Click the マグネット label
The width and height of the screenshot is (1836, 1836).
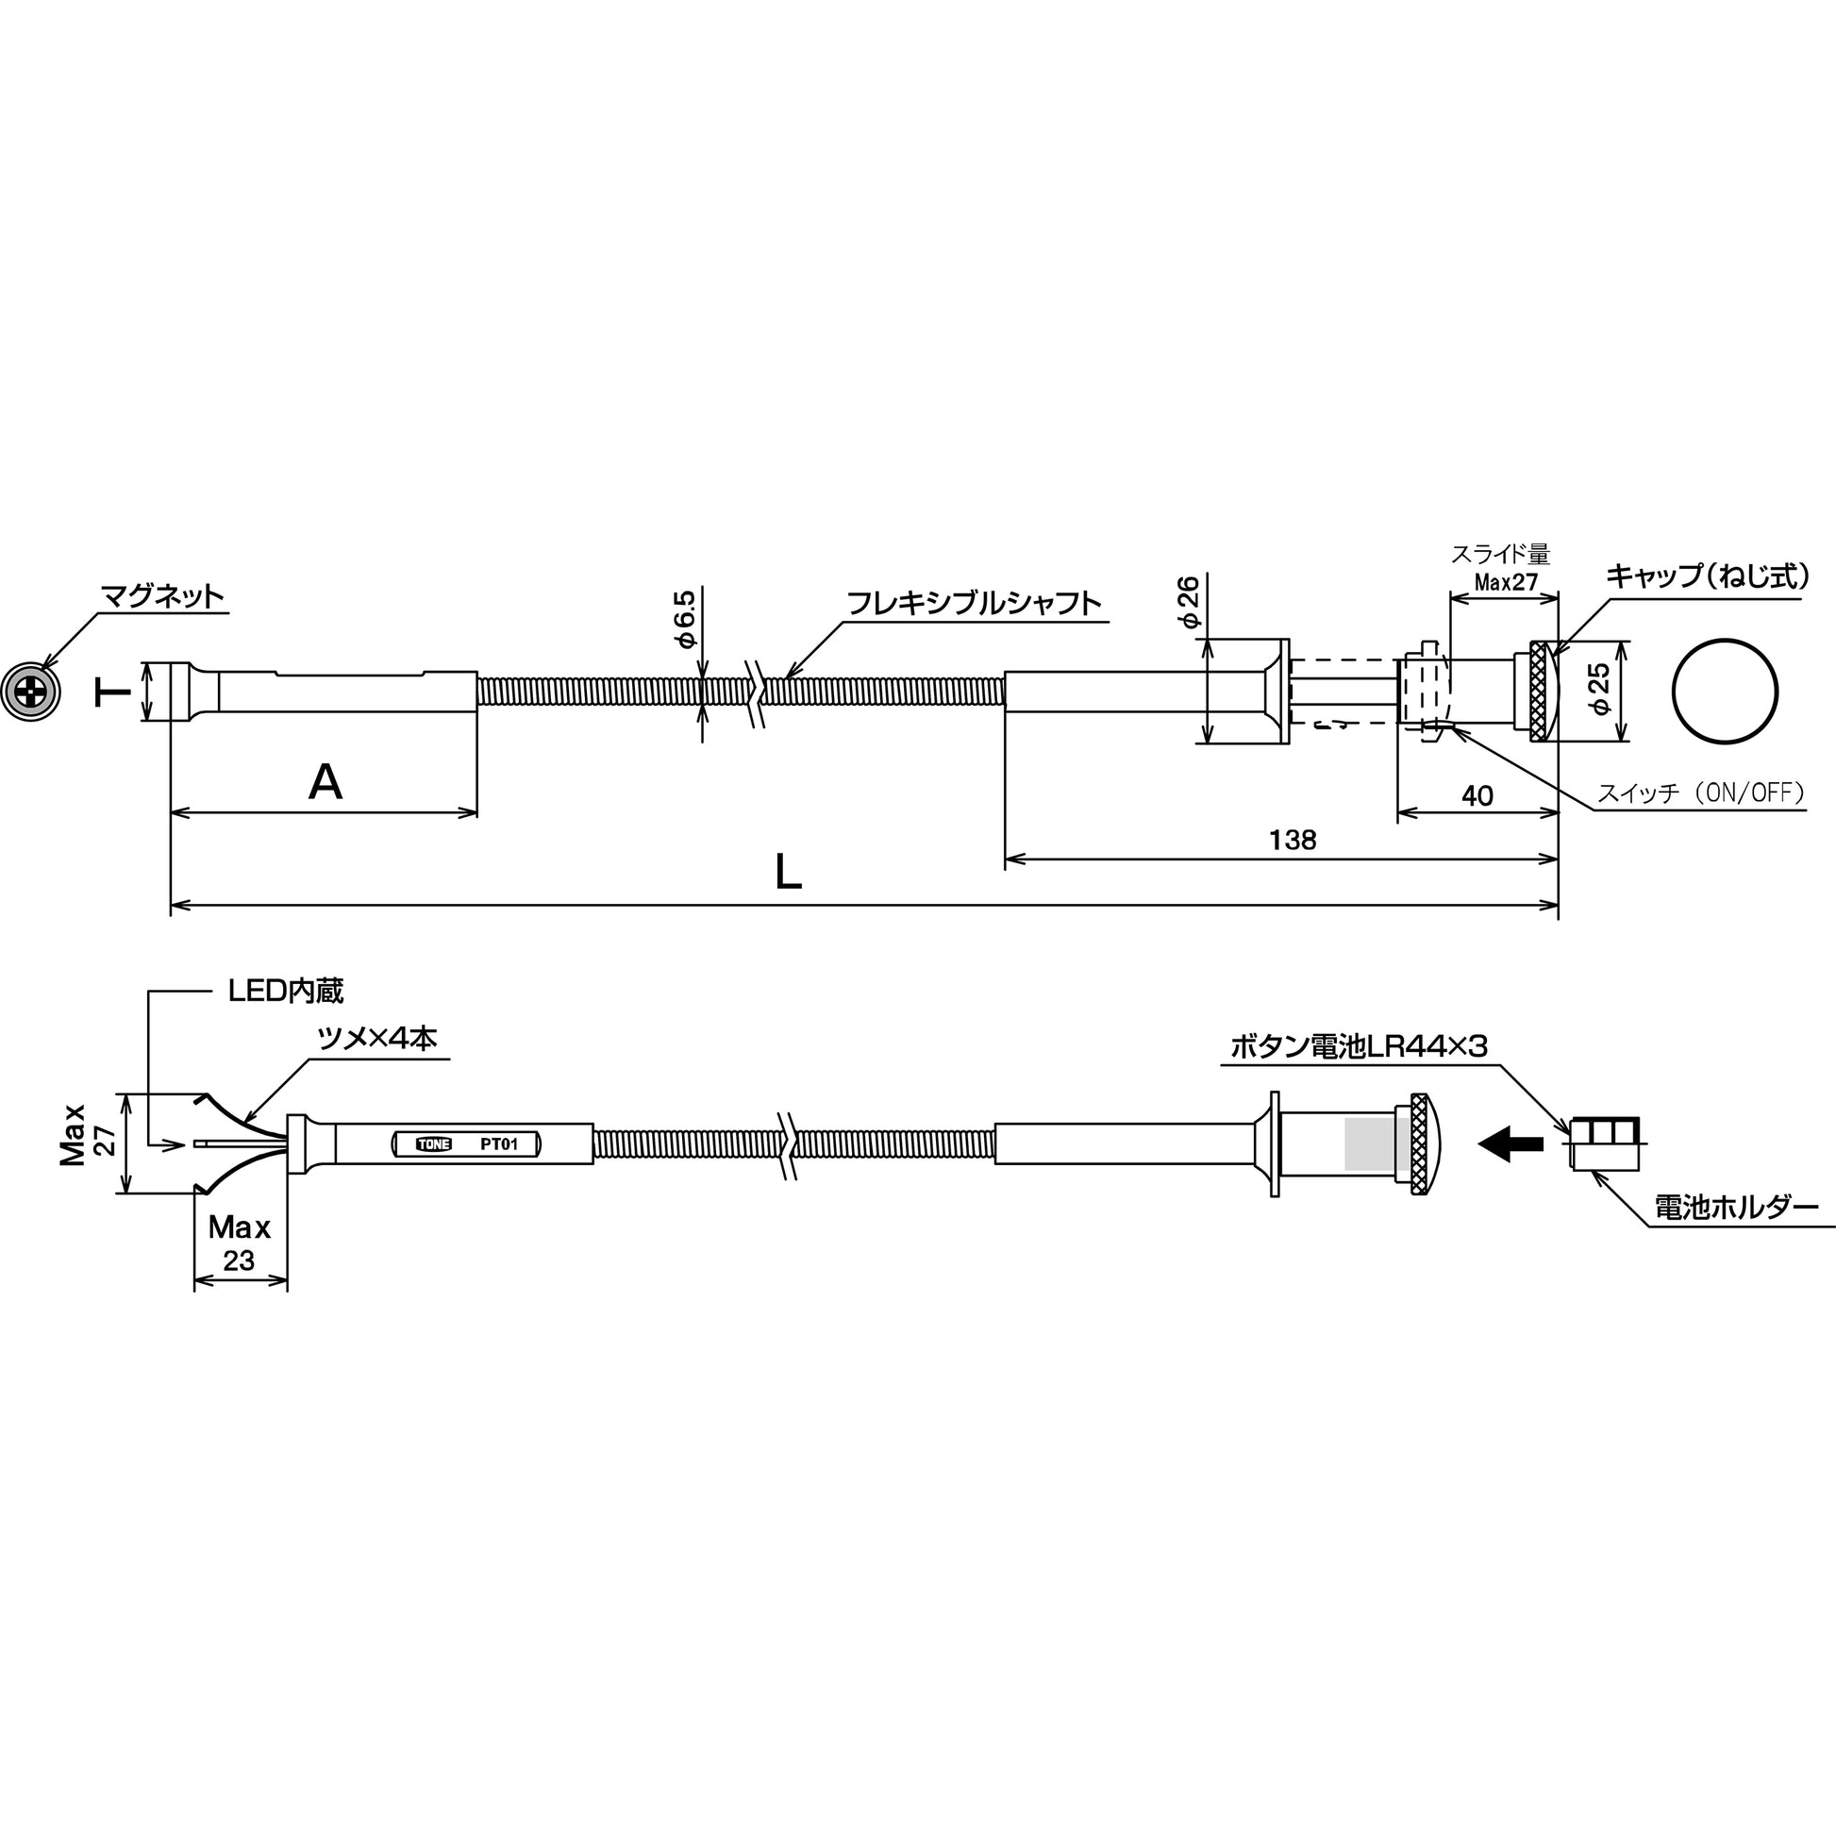[x=162, y=596]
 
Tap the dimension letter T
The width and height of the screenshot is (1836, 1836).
[x=113, y=692]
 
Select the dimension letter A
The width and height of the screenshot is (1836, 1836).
[x=325, y=783]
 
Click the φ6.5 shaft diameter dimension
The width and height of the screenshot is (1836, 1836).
[x=685, y=619]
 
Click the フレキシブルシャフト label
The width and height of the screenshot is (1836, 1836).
[x=973, y=604]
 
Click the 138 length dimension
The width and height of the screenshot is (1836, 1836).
[x=1294, y=839]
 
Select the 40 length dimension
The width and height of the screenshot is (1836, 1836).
[x=1477, y=795]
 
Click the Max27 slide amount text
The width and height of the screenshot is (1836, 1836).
[x=1506, y=581]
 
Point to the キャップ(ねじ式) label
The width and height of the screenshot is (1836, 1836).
[x=1707, y=576]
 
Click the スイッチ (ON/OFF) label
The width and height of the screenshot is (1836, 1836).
[x=1701, y=793]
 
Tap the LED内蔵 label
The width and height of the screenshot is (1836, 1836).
[x=286, y=992]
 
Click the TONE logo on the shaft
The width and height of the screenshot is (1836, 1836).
[x=434, y=1144]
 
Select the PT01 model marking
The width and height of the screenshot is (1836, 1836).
[x=499, y=1144]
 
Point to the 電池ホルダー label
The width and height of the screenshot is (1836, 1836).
[x=1736, y=1208]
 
